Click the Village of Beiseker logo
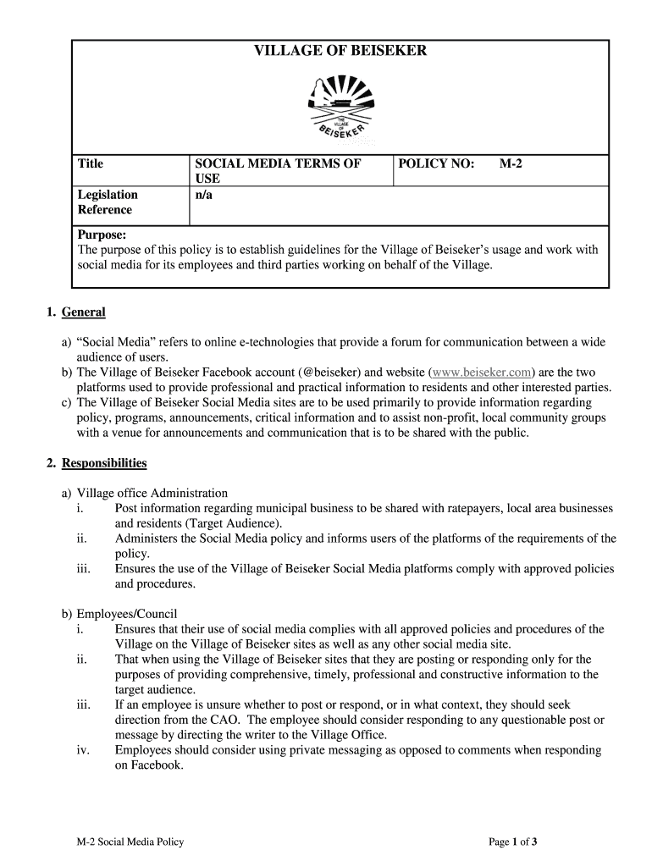click(340, 108)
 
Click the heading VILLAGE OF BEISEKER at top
click(340, 52)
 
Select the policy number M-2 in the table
click(510, 163)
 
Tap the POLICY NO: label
click(436, 163)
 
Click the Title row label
click(91, 163)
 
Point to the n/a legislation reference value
click(203, 195)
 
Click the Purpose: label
click(102, 235)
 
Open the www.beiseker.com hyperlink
click(483, 373)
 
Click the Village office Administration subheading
click(152, 493)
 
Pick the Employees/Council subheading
click(127, 614)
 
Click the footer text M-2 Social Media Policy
click(130, 842)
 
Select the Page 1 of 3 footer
click(513, 842)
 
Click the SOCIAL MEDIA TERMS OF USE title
click(279, 171)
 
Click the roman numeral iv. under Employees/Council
click(83, 750)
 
